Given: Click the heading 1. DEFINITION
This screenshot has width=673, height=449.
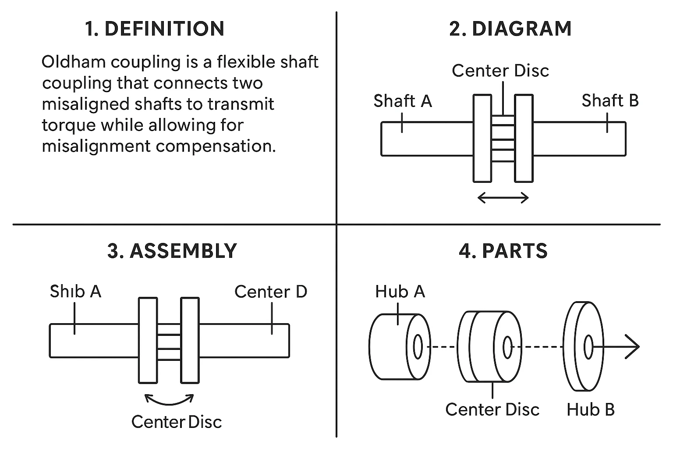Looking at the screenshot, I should click(x=155, y=29).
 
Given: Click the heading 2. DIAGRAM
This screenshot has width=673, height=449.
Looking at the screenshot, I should click(x=510, y=29).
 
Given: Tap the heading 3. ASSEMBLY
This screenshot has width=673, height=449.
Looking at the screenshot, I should click(x=172, y=251).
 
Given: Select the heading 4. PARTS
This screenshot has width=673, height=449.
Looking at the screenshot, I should click(x=503, y=251).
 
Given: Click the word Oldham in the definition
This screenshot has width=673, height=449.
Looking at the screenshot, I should click(x=74, y=62).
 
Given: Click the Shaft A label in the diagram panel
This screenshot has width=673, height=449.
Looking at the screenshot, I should click(x=402, y=101).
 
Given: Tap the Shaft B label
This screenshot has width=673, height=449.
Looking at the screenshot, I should click(x=610, y=101).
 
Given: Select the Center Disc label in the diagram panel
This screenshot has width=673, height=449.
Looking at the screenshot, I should click(x=500, y=71).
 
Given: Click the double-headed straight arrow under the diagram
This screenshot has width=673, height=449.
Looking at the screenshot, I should click(x=503, y=198).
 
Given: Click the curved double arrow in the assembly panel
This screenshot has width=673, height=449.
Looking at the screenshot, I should click(x=169, y=399).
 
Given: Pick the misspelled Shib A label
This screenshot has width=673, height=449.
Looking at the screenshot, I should click(x=75, y=292).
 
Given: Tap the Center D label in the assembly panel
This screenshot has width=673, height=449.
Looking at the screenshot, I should click(x=270, y=292).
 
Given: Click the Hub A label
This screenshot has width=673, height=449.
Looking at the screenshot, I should click(x=400, y=292).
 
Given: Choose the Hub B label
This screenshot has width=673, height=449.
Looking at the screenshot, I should click(x=590, y=410).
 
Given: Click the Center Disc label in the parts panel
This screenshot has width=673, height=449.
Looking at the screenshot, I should click(x=492, y=410).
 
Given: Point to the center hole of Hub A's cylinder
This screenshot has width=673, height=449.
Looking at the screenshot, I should click(x=418, y=346).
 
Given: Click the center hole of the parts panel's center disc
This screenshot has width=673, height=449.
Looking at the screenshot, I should click(x=507, y=346).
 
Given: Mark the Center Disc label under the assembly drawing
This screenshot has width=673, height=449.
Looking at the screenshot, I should click(x=177, y=422).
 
